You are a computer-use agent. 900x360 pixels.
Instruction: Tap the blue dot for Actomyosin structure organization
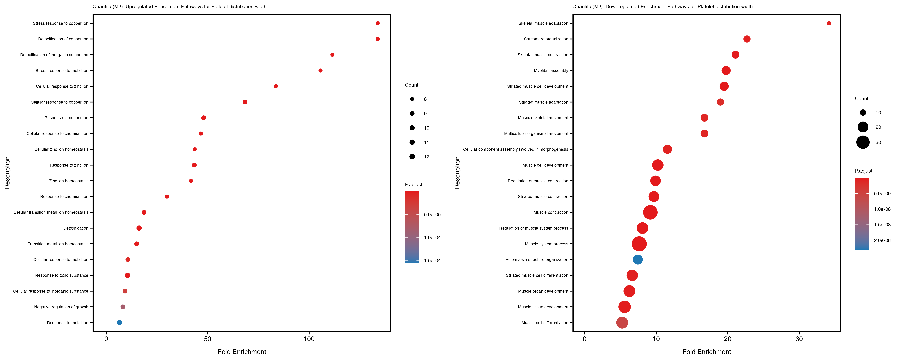(x=638, y=260)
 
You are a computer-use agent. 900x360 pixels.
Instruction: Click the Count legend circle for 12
(x=412, y=157)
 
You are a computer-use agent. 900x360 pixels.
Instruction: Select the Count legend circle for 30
(x=863, y=142)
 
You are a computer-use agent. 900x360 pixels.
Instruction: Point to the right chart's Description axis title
(x=457, y=173)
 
